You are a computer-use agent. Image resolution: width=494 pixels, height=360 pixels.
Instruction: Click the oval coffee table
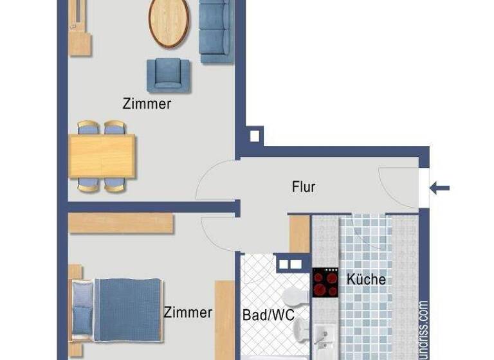click(170, 22)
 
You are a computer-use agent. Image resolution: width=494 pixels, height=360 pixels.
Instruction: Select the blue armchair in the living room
click(169, 74)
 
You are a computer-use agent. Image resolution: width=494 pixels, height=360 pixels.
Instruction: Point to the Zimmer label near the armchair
click(147, 104)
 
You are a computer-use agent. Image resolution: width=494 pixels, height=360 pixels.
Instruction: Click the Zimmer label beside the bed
click(188, 313)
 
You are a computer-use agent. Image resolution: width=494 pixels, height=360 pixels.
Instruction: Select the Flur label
click(304, 187)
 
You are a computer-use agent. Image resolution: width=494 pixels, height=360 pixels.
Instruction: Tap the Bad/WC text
click(268, 316)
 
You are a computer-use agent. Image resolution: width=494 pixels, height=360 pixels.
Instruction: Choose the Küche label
click(366, 279)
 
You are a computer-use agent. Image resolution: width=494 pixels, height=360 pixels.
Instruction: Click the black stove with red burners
click(325, 282)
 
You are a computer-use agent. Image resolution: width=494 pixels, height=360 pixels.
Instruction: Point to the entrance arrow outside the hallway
click(440, 188)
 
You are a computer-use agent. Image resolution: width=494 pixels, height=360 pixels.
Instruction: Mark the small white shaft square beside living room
click(254, 136)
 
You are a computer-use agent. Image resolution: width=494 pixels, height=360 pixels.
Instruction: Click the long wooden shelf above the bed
click(121, 223)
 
